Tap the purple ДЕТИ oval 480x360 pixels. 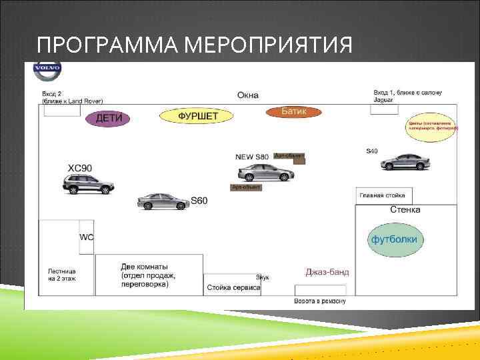[x=108, y=118]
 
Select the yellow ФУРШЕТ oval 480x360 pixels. [x=197, y=116]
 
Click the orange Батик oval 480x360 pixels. [x=294, y=111]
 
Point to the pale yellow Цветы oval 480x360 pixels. [x=431, y=129]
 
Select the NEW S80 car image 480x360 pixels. [x=267, y=171]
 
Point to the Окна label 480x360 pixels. [x=247, y=95]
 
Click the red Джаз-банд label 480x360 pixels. [x=327, y=272]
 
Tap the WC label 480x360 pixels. [x=87, y=237]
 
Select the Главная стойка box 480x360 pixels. [x=384, y=195]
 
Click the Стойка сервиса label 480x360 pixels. [x=233, y=288]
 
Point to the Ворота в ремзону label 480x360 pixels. [x=320, y=301]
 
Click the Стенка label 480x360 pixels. [x=405, y=210]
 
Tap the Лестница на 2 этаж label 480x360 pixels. [x=62, y=276]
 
